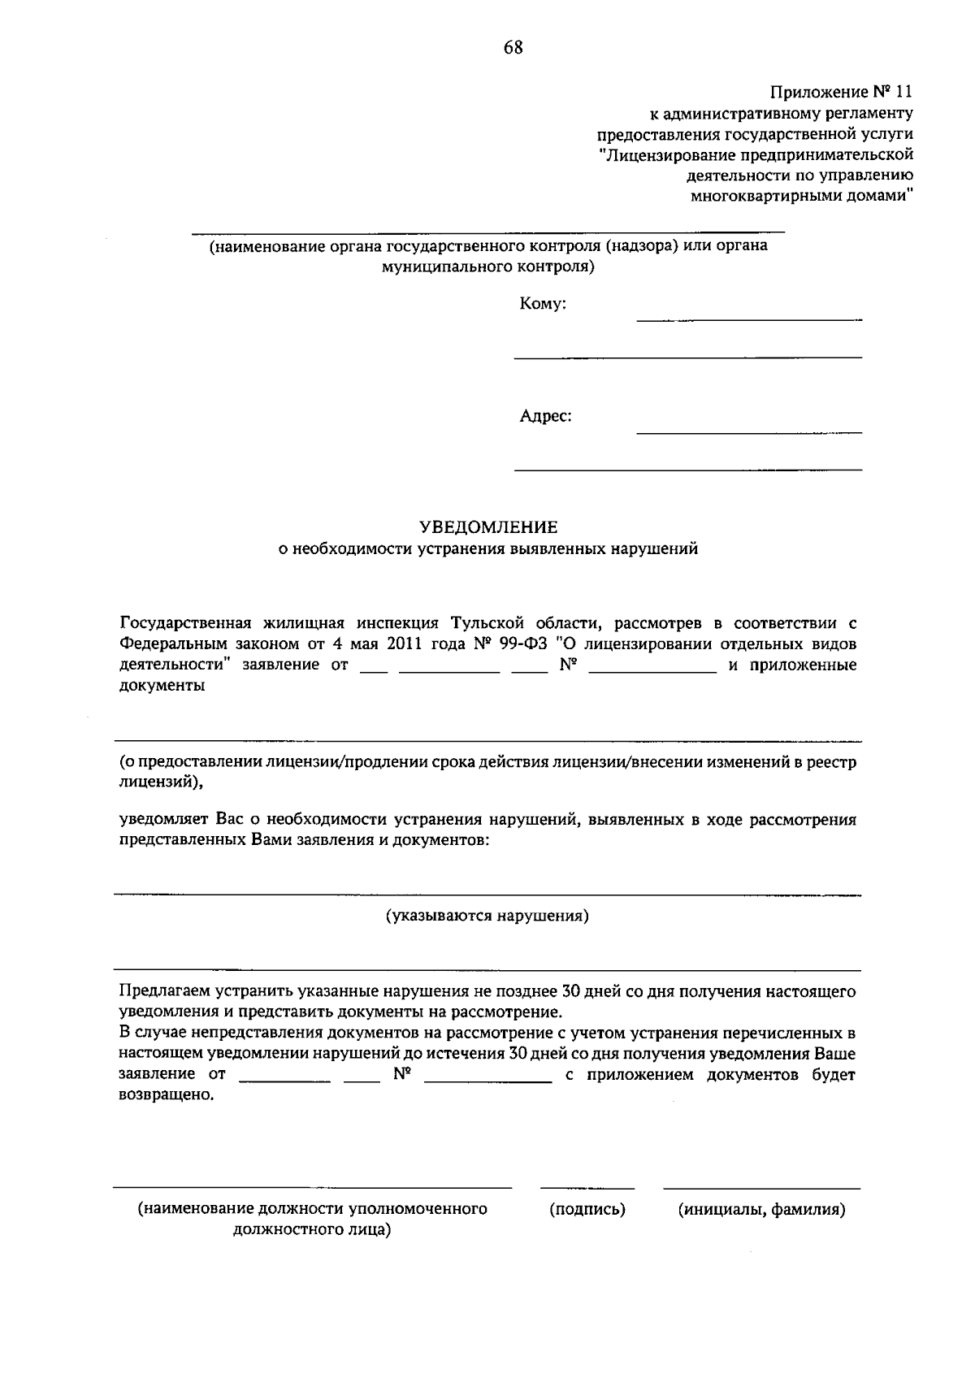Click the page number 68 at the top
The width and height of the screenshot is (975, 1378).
tap(513, 48)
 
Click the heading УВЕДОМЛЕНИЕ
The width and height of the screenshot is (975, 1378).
tap(488, 527)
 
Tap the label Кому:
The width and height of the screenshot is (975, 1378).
tap(542, 305)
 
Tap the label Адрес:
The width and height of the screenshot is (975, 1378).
tap(545, 417)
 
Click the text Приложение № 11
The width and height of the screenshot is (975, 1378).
tap(841, 91)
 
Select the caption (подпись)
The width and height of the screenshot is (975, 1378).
tap(587, 1209)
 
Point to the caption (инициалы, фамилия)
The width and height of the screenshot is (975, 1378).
tap(762, 1209)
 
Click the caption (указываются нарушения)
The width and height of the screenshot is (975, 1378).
tap(487, 916)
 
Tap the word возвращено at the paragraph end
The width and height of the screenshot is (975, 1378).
tap(167, 1094)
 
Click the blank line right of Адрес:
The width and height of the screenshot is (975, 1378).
tap(748, 432)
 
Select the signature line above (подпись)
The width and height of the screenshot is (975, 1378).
tap(587, 1188)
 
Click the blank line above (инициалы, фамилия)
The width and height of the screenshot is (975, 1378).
tap(761, 1188)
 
